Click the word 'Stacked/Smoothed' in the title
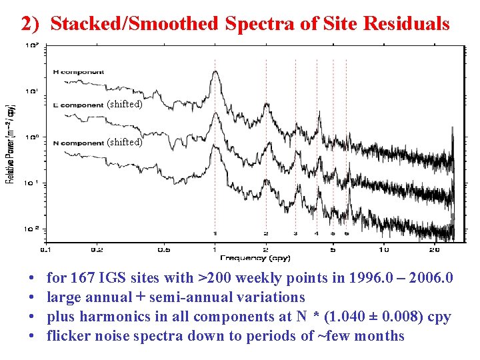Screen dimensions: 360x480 point(134,24)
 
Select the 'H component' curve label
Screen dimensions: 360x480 point(78,72)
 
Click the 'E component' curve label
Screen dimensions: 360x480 point(78,105)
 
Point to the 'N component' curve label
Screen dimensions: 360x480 point(78,143)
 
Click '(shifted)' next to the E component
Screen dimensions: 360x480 point(125,104)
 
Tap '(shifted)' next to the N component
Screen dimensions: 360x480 point(125,142)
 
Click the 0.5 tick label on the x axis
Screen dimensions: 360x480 point(163,250)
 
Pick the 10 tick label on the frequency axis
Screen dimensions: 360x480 point(383,250)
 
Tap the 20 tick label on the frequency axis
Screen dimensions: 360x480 point(434,250)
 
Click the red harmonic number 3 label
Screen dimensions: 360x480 point(295,234)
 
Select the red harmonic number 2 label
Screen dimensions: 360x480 point(265,234)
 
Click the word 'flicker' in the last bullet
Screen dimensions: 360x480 point(68,336)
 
